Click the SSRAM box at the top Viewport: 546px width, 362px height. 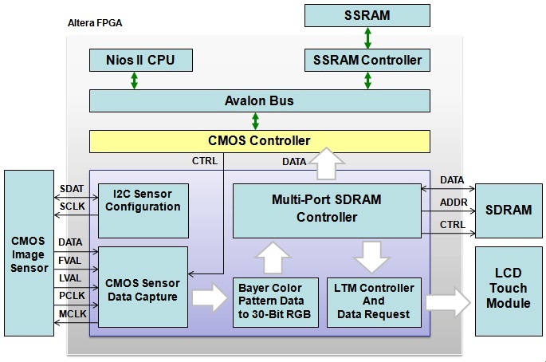367,15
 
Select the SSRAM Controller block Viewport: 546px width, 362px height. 367,60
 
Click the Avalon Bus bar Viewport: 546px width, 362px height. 259,101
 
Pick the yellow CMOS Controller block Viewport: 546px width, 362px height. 259,141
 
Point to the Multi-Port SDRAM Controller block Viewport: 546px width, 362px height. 326,210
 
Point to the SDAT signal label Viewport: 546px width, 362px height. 70,188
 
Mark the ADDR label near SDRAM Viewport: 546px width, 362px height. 452,203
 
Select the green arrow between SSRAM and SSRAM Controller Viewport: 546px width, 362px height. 367,37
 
